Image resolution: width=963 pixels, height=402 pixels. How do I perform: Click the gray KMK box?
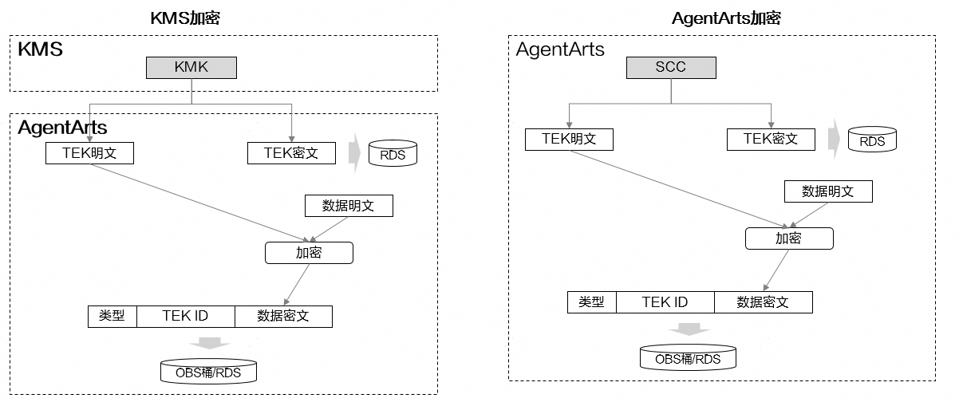(191, 68)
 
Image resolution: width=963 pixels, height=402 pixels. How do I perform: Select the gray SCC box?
(671, 68)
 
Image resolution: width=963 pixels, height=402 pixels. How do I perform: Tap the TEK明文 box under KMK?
(89, 153)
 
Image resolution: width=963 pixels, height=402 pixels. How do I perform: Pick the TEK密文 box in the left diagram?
(291, 153)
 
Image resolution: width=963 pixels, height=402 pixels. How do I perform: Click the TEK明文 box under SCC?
(569, 140)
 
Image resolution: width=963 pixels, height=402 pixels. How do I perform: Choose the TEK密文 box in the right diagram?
(771, 140)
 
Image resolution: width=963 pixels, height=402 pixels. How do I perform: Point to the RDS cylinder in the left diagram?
(393, 153)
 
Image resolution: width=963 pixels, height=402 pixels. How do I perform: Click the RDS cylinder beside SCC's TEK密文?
(872, 140)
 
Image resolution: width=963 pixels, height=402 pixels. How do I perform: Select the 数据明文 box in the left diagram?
(349, 206)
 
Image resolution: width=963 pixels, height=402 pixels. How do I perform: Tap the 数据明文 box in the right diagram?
(828, 191)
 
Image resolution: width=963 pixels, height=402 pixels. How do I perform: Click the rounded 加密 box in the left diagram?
(309, 253)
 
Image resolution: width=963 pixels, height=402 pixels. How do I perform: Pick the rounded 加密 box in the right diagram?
(789, 238)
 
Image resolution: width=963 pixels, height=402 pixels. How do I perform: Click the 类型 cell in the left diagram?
(112, 317)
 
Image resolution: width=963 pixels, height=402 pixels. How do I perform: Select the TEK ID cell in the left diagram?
(186, 317)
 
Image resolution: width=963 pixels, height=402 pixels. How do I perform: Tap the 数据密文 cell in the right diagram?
(764, 302)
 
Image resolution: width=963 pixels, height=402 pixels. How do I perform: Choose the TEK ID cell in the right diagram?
(665, 302)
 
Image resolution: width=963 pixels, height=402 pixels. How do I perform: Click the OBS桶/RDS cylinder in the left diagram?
(208, 371)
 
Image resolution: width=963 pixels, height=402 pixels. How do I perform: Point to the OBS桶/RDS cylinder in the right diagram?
(688, 357)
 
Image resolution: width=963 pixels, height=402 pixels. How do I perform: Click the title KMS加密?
(185, 18)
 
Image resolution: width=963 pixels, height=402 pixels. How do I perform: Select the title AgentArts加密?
(726, 18)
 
